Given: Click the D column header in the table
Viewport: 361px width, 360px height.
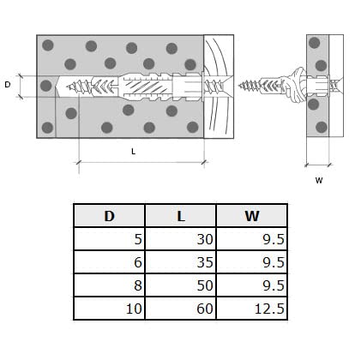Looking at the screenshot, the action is (109, 216).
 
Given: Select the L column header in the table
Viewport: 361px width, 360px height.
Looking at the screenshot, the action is (181, 216).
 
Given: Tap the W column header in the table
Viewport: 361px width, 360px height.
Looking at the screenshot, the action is (252, 216).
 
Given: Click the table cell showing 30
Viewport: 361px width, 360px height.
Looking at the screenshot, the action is (181, 239).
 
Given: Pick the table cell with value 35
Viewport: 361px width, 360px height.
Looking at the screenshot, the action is (181, 262).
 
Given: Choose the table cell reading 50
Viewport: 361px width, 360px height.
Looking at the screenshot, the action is (181, 285).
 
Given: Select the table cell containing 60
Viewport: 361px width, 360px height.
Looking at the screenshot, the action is (181, 309).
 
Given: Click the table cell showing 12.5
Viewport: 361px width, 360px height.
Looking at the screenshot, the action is (252, 309).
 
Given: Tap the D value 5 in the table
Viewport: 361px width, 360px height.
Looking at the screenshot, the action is (109, 239).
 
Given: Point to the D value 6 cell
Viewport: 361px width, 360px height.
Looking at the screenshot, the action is (109, 262).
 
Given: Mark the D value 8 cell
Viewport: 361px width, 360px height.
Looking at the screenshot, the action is (109, 285).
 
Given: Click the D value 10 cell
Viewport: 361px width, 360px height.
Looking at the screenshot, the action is (109, 309).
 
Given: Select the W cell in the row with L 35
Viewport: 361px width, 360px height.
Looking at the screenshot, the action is (252, 262).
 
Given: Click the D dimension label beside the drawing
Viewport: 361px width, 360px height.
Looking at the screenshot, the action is (8, 85).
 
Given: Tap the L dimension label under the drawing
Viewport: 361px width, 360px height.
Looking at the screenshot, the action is (133, 152).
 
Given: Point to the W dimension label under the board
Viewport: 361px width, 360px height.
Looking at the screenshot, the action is (319, 180).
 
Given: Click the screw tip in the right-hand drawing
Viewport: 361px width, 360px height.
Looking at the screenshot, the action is (239, 85).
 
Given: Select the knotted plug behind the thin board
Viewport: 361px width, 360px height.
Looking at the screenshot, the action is (294, 85).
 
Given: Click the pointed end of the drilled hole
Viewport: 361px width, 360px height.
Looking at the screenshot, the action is (57, 87).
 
